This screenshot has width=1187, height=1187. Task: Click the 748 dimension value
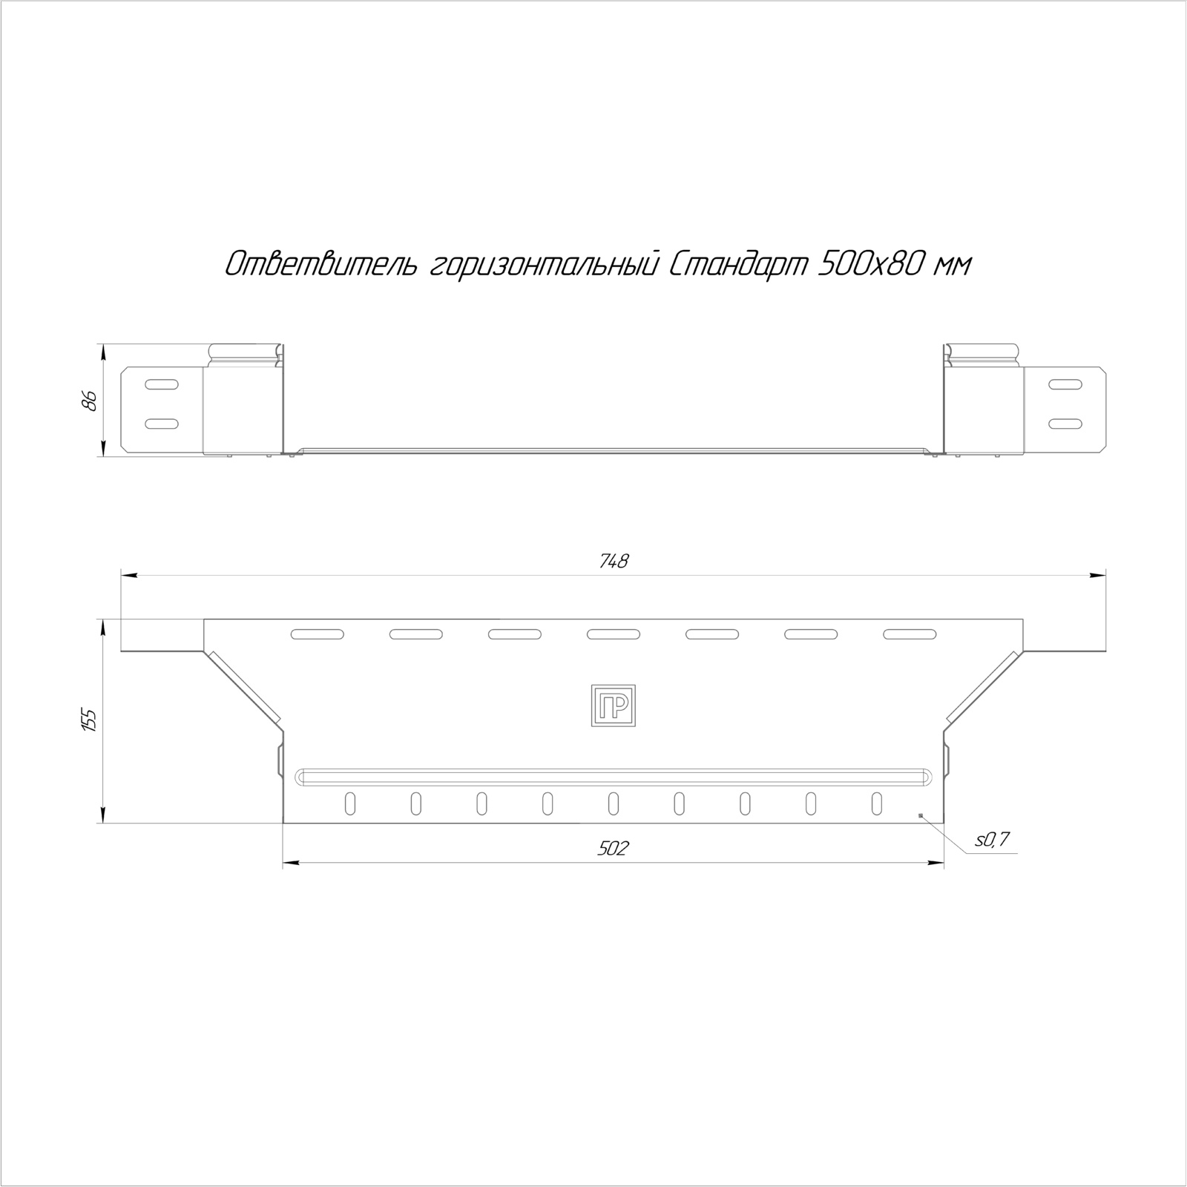coord(614,562)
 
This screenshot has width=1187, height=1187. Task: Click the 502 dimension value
coord(614,848)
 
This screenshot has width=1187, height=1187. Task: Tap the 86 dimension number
coord(90,400)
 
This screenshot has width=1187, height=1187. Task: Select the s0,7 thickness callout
coord(992,840)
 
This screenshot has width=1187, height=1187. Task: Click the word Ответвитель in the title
coord(322,264)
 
